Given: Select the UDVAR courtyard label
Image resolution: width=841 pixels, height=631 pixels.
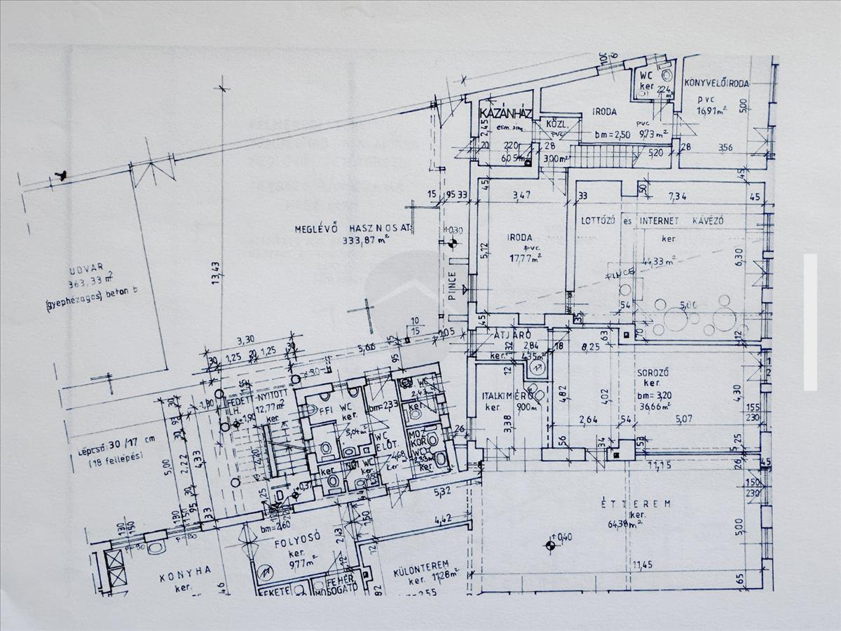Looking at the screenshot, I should click(86, 268).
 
